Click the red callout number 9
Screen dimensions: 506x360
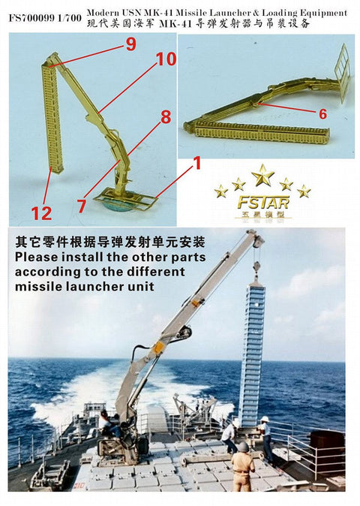point(130,45)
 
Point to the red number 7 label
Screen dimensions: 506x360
point(81,204)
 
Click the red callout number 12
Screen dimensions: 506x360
point(41,212)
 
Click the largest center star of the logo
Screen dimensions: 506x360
point(262,176)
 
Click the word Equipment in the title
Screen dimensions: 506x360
point(320,13)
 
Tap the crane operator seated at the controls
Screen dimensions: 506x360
point(106,421)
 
